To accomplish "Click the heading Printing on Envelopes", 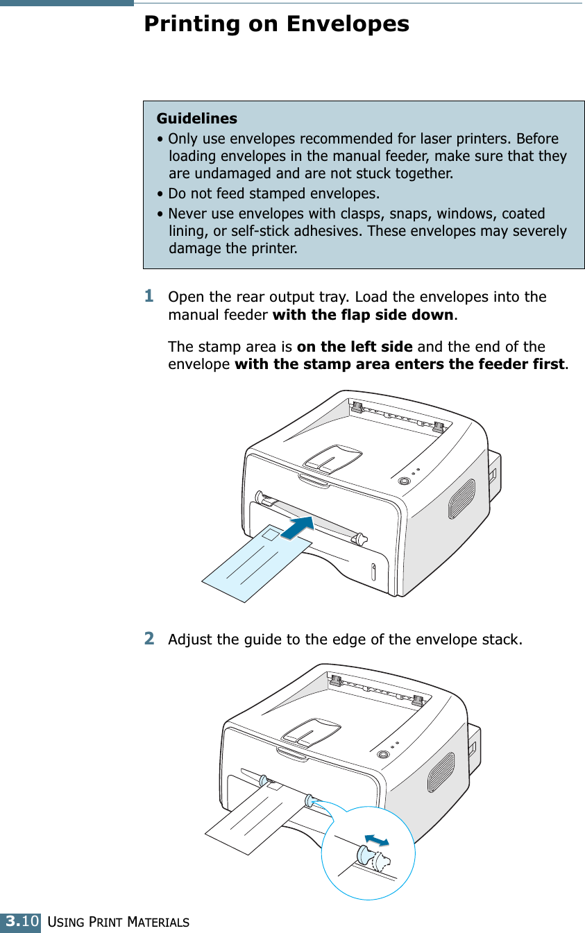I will [x=276, y=24].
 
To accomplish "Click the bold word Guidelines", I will [x=196, y=119].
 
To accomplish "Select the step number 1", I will [x=149, y=296].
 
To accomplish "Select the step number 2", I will [x=149, y=637].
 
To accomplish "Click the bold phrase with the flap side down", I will [x=364, y=316].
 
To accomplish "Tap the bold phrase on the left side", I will [x=354, y=346].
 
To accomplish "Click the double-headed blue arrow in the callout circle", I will [x=376, y=840].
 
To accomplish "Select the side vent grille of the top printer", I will [x=461, y=499].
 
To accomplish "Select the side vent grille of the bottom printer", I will [x=441, y=772].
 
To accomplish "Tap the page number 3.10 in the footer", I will [x=21, y=922].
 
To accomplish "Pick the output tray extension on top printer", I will [x=333, y=458].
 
